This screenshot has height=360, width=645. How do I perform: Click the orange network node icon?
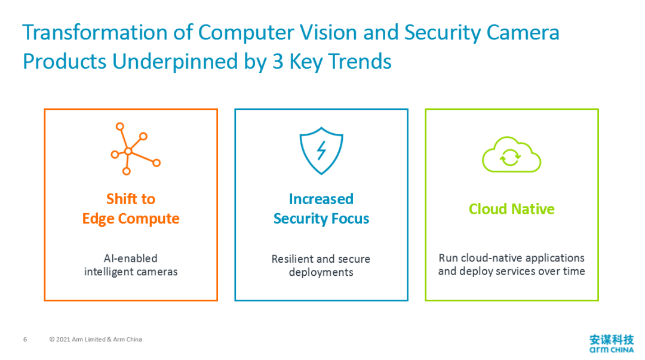(128, 152)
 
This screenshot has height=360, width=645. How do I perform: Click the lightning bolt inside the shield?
(321, 150)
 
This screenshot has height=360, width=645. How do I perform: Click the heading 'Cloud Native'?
(512, 209)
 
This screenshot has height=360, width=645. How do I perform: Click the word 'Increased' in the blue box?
(321, 199)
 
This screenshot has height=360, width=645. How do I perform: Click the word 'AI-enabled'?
(130, 258)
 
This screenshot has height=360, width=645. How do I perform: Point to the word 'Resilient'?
(291, 259)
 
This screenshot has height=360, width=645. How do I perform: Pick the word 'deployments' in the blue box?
(321, 272)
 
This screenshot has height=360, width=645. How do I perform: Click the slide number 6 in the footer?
(25, 340)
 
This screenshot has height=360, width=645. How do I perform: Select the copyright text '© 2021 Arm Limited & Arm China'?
(96, 340)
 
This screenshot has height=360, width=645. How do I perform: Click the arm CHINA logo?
(612, 343)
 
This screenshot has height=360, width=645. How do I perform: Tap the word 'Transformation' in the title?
(95, 32)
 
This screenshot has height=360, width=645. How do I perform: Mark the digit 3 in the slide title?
(278, 61)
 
